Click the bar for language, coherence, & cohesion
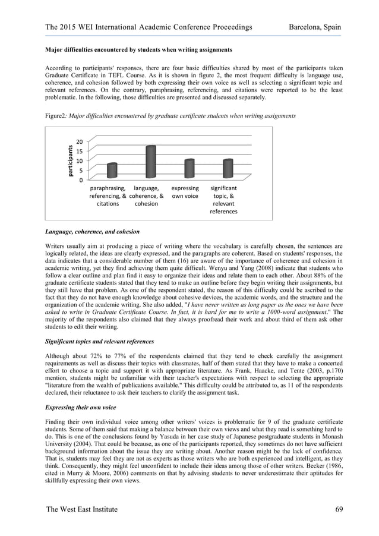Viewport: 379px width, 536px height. tap(150, 162)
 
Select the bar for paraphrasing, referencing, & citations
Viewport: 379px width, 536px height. tap(112, 171)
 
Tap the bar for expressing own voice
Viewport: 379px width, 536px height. tap(189, 169)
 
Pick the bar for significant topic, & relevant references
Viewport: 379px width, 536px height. tap(228, 169)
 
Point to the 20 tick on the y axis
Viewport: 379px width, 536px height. tap(79, 141)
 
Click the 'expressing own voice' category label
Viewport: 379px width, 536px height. tap(185, 192)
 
